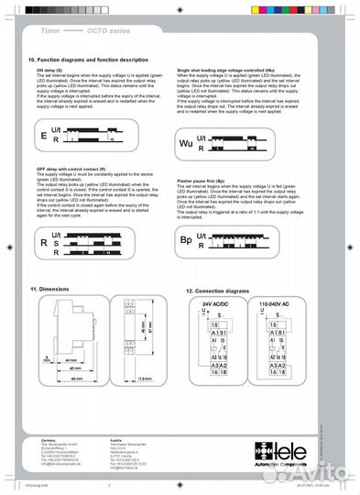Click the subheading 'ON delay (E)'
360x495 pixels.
click(x=49, y=70)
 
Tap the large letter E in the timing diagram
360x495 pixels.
click(x=42, y=135)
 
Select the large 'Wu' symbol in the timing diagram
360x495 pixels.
click(x=186, y=143)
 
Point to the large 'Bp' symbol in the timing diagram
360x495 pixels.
click(x=187, y=241)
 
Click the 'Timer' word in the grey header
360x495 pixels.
click(x=52, y=30)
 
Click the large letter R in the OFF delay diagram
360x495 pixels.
click(x=43, y=243)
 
